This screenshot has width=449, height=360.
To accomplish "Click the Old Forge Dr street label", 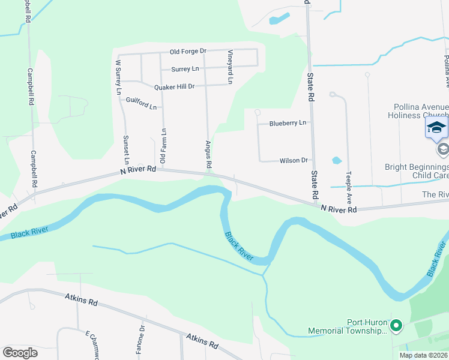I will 188,52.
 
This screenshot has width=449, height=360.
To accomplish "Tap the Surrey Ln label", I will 184,69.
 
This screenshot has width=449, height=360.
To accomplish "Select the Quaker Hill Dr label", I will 175,86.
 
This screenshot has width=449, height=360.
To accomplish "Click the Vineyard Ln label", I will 229,67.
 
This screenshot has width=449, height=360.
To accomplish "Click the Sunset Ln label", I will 127,149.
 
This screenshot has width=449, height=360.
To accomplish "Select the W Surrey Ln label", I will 118,77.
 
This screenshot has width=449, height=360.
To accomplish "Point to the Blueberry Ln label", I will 288,123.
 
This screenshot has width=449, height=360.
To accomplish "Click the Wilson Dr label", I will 294,160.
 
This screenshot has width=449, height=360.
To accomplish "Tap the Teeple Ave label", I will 348,187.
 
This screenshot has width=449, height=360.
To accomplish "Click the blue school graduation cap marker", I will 436,128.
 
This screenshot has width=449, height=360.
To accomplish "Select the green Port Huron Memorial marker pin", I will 396,326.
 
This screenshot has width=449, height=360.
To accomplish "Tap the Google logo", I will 20,352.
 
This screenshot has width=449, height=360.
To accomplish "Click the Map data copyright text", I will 423,355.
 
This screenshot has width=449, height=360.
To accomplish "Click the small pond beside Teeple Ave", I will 336,161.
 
